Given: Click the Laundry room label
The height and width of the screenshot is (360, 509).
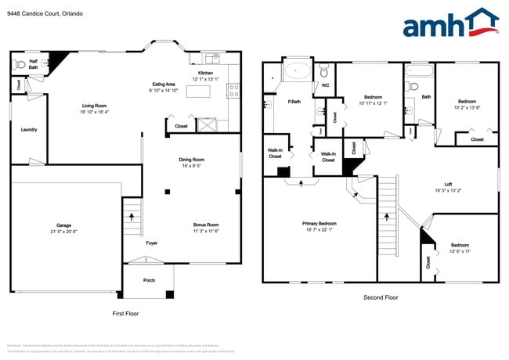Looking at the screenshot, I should pyautogui.click(x=29, y=130).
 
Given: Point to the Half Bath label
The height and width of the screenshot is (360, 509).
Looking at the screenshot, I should pyautogui.click(x=34, y=64).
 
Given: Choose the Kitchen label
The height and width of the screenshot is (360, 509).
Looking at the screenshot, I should pyautogui.click(x=205, y=74).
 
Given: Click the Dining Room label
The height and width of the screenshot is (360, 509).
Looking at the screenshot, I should pyautogui.click(x=192, y=160).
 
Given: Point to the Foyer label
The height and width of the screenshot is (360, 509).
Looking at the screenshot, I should pyautogui.click(x=152, y=243).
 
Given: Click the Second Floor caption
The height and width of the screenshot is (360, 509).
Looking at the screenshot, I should pyautogui.click(x=381, y=297).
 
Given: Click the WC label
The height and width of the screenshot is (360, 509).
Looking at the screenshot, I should pyautogui.click(x=325, y=85).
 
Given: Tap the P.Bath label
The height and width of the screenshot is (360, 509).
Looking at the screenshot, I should pyautogui.click(x=295, y=101).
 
